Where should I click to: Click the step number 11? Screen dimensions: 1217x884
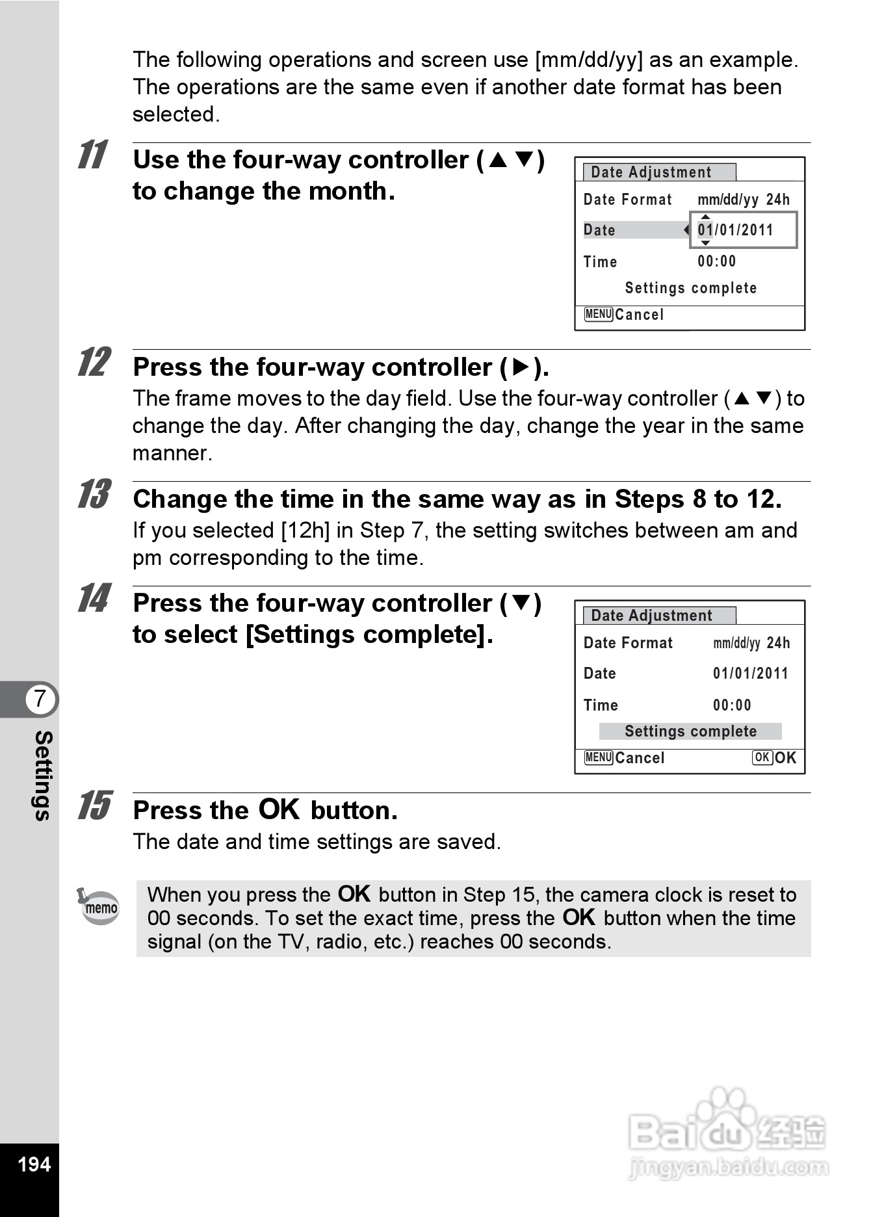coord(93,155)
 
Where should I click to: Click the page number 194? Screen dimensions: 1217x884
coord(34,1164)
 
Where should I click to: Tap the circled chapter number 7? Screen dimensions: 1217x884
coord(40,699)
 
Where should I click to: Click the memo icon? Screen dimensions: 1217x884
coord(99,906)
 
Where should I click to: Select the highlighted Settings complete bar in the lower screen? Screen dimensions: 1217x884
coord(690,731)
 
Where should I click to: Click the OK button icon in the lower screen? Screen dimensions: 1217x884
coord(762,757)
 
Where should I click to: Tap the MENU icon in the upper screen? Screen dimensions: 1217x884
coord(599,315)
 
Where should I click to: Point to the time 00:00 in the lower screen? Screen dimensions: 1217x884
coord(732,705)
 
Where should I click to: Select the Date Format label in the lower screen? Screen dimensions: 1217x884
coord(628,643)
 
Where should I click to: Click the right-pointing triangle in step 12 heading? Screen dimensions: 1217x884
coord(521,367)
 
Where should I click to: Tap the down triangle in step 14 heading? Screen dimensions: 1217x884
coord(521,603)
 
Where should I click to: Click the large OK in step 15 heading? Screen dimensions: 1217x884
coord(279,809)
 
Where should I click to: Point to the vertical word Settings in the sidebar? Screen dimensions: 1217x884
coord(43,776)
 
